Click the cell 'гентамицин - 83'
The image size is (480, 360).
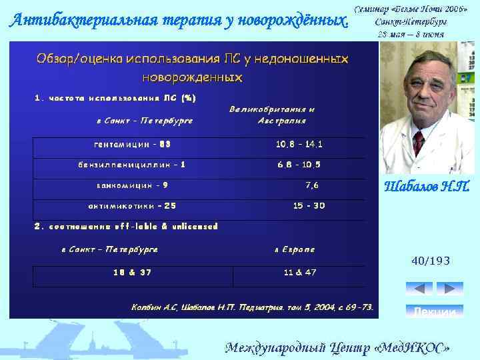(x=132, y=144)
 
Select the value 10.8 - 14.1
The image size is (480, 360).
(x=299, y=144)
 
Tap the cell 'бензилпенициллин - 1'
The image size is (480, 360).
(x=132, y=165)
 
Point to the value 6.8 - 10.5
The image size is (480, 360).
(x=299, y=165)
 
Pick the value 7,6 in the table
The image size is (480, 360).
(x=312, y=185)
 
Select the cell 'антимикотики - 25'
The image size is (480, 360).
(x=132, y=206)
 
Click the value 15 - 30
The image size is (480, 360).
(x=309, y=206)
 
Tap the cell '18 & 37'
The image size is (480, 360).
(x=132, y=272)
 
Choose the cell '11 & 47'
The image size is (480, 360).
(x=300, y=272)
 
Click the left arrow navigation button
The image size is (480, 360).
(x=419, y=289)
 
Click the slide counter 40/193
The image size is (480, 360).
(x=431, y=262)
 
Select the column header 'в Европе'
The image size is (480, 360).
(x=295, y=250)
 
